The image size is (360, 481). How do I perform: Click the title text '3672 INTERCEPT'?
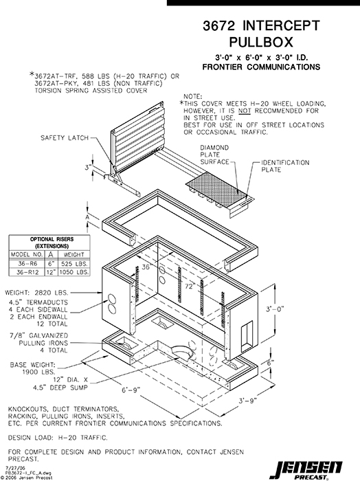(261, 26)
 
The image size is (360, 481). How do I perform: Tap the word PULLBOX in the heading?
(261, 43)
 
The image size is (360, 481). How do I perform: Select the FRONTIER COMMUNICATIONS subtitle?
(261, 67)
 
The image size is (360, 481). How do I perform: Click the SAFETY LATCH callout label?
(65, 137)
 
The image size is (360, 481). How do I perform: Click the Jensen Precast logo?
(317, 468)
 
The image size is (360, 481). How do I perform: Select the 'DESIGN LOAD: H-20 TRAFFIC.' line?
(58, 437)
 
